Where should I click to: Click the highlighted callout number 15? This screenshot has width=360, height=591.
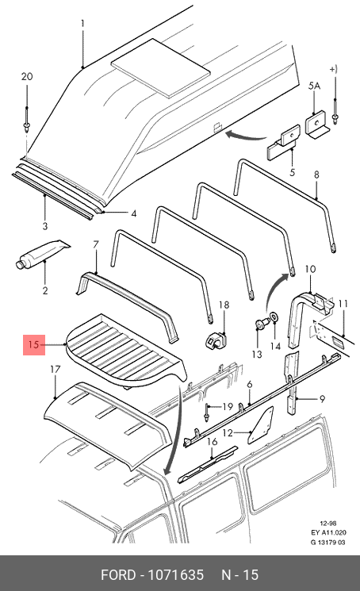[33, 344]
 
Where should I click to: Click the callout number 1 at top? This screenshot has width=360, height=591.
[82, 24]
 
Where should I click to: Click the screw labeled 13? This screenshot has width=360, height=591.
[261, 323]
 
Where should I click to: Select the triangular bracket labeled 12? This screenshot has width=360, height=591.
[261, 425]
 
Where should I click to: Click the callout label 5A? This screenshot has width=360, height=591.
[314, 86]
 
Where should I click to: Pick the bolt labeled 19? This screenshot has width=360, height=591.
[207, 413]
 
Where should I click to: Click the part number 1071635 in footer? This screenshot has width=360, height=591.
[175, 575]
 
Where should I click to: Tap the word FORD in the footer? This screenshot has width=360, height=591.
[118, 575]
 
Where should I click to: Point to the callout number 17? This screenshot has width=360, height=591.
[55, 370]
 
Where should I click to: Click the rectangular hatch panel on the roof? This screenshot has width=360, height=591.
[161, 66]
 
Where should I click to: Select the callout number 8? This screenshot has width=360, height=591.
[316, 175]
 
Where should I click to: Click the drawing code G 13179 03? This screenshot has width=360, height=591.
[327, 543]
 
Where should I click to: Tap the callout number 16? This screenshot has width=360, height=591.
[213, 441]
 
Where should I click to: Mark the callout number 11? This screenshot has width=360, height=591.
[343, 304]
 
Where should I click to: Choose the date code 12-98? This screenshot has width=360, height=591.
[327, 523]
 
